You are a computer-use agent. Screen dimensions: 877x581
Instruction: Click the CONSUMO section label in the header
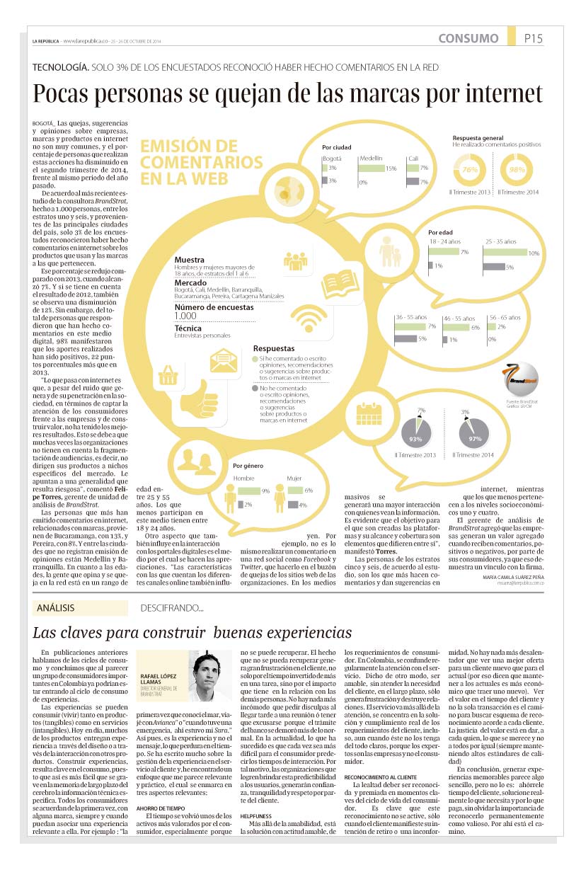[468, 38]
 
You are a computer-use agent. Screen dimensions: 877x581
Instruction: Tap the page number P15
[533, 38]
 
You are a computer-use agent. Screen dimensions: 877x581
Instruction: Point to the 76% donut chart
[469, 170]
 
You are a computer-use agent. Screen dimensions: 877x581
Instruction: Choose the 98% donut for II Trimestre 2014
[517, 170]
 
